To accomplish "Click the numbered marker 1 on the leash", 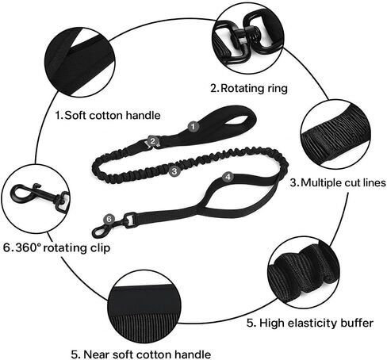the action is point(193,127).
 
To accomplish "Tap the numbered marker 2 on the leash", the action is point(152,141).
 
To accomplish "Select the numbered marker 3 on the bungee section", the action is point(174,171).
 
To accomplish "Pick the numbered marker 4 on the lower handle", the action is point(228,177).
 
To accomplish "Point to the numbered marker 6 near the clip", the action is point(109,219).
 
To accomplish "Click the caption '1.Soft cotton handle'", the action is point(108,116).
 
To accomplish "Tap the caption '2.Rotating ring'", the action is point(249,88).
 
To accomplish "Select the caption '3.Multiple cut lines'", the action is point(338,182).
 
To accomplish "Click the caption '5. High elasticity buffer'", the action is point(310,323).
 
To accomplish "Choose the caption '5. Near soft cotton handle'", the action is point(141,354).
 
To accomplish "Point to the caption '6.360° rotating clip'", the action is point(56,248).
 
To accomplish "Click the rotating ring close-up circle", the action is point(248,39).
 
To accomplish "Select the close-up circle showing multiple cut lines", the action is point(335,135).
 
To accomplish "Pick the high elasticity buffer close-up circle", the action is point(304,273).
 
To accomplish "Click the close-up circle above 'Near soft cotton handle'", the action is point(144,307).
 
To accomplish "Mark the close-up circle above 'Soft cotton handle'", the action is point(80,62).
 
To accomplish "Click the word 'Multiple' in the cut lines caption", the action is point(321,182).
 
